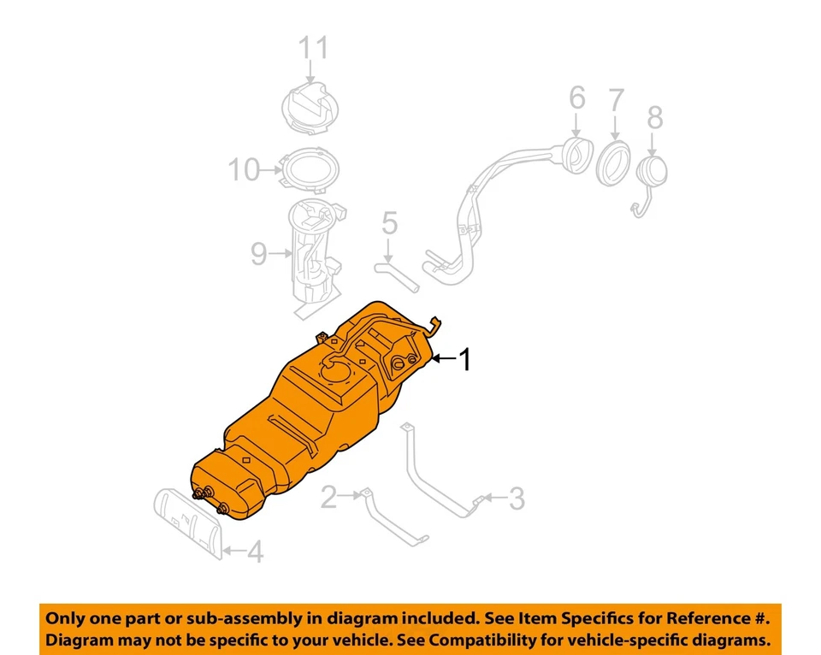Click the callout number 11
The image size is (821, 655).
(x=313, y=48)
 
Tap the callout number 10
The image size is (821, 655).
(x=244, y=170)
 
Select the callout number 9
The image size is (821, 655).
(x=259, y=253)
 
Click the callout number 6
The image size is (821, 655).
(x=576, y=98)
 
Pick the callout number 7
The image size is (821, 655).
(x=616, y=100)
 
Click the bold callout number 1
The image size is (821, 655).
(x=465, y=360)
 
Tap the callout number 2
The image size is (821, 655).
(x=329, y=497)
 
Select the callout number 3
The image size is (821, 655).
(x=516, y=499)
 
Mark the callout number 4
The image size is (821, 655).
(x=254, y=552)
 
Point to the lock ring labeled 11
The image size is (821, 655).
(x=312, y=109)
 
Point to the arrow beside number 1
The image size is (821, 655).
(x=443, y=360)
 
